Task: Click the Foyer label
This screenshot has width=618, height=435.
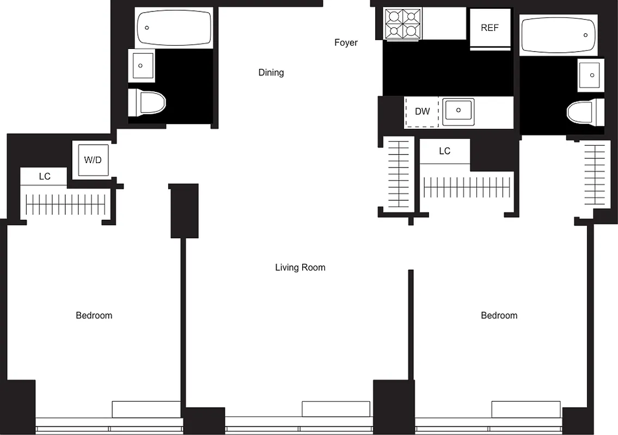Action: click(346, 42)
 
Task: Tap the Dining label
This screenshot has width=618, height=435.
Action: click(271, 72)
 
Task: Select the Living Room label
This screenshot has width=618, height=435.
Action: click(300, 267)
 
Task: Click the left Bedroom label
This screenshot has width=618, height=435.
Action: click(94, 315)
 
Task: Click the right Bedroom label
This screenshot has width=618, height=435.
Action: click(499, 315)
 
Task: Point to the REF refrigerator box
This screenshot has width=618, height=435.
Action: click(490, 28)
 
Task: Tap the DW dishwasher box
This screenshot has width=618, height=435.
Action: click(422, 112)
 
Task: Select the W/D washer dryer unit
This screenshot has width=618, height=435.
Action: click(93, 160)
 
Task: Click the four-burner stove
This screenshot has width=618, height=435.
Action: click(403, 23)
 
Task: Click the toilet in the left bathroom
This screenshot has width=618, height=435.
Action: click(147, 102)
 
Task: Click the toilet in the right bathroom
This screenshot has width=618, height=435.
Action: click(585, 113)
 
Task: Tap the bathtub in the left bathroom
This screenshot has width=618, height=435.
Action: click(174, 28)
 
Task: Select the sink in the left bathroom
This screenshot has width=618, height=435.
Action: click(142, 66)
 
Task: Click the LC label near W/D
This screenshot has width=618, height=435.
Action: click(45, 177)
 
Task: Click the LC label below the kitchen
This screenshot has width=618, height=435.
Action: click(444, 151)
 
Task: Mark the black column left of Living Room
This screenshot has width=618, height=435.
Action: click(184, 211)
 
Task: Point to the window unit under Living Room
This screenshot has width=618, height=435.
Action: click(336, 409)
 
